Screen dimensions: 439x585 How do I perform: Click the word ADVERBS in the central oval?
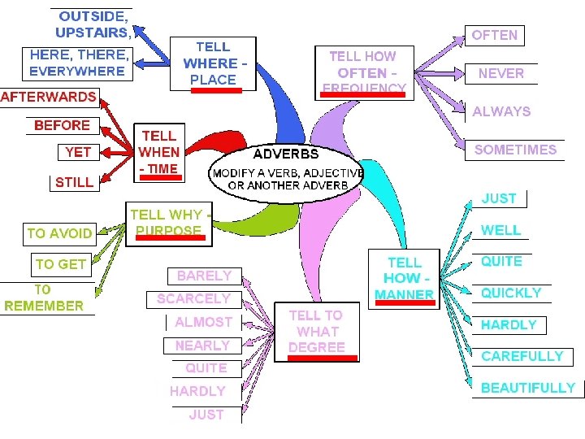286,154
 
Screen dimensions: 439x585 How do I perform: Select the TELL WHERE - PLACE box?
213,63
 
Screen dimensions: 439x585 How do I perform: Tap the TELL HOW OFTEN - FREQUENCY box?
362,72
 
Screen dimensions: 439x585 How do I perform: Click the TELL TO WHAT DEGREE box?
316,332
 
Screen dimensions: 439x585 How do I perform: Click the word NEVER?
500,73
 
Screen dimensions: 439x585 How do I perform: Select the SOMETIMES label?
515,150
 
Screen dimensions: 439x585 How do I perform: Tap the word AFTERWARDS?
49,97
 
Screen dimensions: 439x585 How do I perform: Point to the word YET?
78,152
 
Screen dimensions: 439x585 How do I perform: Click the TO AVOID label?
59,233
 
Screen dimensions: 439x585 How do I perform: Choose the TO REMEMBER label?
44,298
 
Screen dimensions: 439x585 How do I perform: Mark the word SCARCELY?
193,299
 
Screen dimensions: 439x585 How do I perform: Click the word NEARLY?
202,346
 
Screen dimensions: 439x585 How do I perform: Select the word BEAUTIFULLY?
527,388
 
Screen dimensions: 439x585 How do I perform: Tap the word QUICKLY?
511,293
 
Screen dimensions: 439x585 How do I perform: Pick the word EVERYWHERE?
77,71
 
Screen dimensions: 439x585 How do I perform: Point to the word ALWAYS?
501,111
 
